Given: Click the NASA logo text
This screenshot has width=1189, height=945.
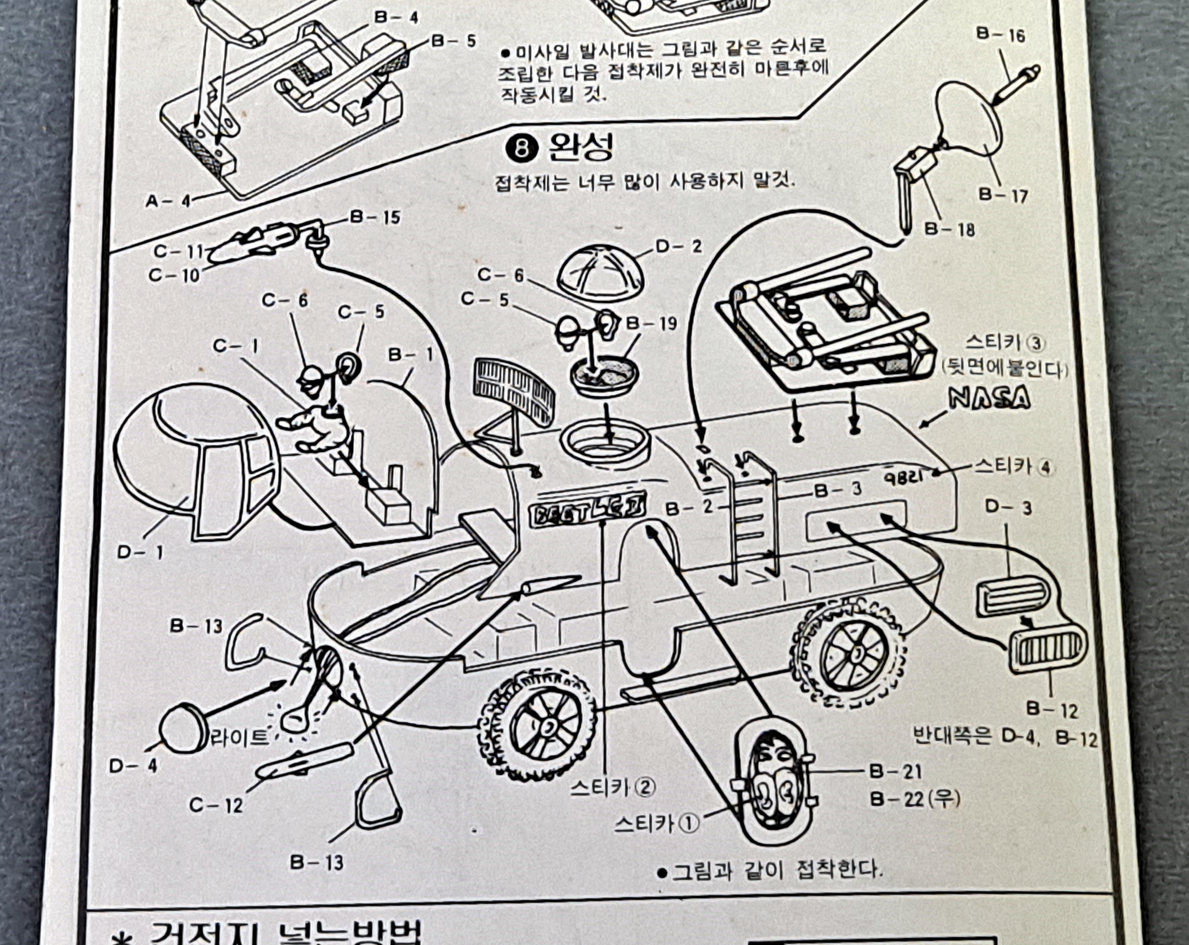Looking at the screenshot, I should (989, 397).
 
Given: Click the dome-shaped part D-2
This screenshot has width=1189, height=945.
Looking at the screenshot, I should (600, 272).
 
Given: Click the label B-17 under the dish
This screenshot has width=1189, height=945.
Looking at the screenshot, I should (1003, 195).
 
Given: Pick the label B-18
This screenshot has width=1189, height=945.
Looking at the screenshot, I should (949, 229).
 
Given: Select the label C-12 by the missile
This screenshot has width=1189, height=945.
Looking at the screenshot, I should (216, 805).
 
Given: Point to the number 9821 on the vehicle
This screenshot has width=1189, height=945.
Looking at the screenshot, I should (904, 476).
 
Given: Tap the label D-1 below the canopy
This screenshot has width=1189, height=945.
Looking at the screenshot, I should (140, 552).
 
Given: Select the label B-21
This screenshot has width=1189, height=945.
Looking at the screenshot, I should (895, 771).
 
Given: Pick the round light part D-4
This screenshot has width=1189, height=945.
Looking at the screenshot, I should (183, 729).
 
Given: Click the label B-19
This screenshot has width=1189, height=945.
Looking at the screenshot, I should (651, 323).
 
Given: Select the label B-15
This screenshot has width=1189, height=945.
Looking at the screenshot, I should (375, 217).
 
